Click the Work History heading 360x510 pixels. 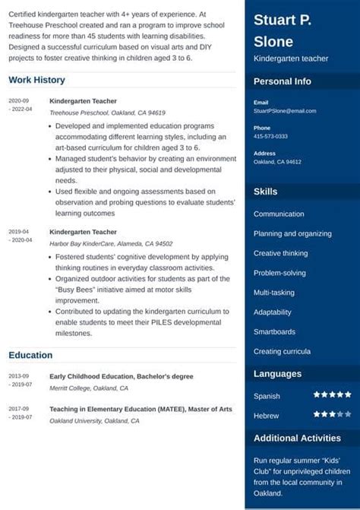coord(36,80)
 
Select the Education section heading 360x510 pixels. coord(30,355)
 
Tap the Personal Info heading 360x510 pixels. coord(282,81)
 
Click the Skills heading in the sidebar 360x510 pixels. coord(265,192)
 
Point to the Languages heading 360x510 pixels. coord(277,374)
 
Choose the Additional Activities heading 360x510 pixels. coord(296,438)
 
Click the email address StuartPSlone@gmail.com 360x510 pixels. coord(285,111)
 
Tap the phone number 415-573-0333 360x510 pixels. coord(270,137)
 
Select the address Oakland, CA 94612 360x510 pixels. coord(277,162)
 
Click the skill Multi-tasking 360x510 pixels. coord(275,293)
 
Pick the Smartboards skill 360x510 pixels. coord(275,332)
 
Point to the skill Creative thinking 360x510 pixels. coord(280,253)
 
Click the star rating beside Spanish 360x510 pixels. coord(332,395)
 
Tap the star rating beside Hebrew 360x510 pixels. coord(332,414)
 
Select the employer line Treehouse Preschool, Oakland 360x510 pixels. coord(107,112)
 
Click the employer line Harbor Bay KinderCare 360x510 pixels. coord(111,244)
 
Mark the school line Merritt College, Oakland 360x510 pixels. coord(89,388)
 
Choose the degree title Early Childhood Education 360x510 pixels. coord(121,376)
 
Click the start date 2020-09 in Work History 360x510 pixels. coord(19,100)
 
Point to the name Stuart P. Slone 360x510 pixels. coord(283,30)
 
